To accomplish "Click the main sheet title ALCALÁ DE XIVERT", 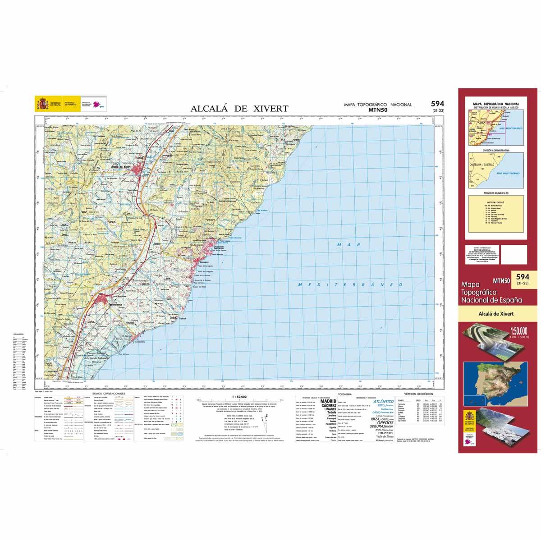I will click(239, 108).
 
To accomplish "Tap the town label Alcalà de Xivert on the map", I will click(121, 166).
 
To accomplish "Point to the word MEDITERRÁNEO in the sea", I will click(350, 284).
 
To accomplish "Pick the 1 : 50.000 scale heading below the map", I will click(238, 396).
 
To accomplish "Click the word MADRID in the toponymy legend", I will click(328, 401).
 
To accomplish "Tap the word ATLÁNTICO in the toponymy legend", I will click(384, 401).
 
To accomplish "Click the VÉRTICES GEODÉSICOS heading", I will click(419, 394).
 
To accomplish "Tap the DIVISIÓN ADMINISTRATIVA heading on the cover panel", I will click(495, 150).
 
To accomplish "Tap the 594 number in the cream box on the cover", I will click(522, 276).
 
